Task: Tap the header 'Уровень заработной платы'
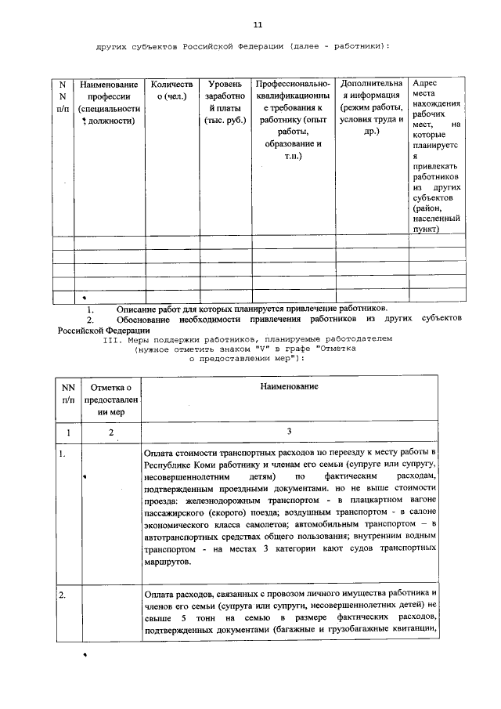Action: tap(225, 102)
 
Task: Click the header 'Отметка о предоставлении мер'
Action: tap(112, 399)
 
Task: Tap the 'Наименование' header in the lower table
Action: tap(290, 387)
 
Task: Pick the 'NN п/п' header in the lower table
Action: tap(68, 393)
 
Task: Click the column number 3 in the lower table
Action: tap(289, 432)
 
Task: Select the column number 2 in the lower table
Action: tap(111, 432)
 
